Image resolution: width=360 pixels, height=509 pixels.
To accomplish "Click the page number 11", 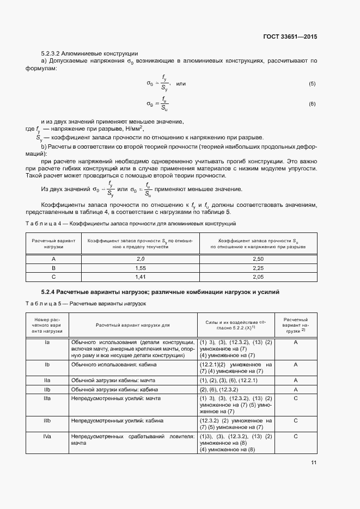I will click(314, 463).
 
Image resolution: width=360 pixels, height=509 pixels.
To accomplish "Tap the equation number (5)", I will click(312, 83).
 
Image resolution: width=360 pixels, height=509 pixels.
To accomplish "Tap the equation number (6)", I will click(312, 103).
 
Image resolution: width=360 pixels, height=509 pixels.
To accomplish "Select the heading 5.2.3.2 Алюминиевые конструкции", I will click(89, 54).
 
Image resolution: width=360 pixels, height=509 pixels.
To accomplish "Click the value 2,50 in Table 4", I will click(258, 259).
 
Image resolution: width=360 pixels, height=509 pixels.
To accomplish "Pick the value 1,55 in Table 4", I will click(141, 268).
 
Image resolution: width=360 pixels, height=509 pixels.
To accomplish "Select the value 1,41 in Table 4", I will click(141, 277).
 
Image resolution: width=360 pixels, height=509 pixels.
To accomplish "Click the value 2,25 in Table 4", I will click(258, 268).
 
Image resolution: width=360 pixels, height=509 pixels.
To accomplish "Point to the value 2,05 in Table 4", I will click(258, 277).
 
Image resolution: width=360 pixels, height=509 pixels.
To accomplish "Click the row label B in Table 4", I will click(53, 268).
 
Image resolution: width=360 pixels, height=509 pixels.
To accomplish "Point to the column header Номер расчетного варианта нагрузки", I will click(48, 325).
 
